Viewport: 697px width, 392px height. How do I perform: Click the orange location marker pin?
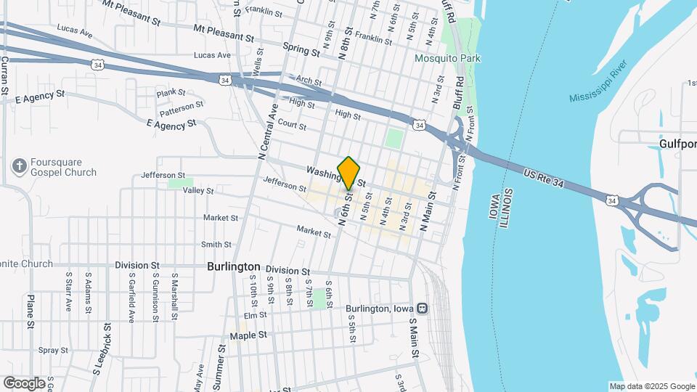[349, 172]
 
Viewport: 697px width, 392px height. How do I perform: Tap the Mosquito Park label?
[448, 58]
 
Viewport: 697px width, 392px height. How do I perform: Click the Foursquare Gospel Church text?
[63, 168]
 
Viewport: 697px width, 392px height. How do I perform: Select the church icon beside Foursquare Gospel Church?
[18, 167]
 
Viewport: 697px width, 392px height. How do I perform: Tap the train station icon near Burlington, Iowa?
[422, 308]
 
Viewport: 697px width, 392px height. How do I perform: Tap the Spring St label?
[301, 52]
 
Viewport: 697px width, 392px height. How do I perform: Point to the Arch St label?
[309, 81]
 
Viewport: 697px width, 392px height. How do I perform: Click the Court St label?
[292, 125]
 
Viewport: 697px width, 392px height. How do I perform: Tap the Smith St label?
[216, 245]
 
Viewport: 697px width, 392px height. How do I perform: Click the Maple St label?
[248, 335]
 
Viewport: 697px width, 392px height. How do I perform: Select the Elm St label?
[256, 315]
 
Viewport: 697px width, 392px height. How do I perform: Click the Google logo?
[24, 383]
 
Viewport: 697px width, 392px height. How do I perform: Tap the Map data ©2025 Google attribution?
[651, 386]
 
